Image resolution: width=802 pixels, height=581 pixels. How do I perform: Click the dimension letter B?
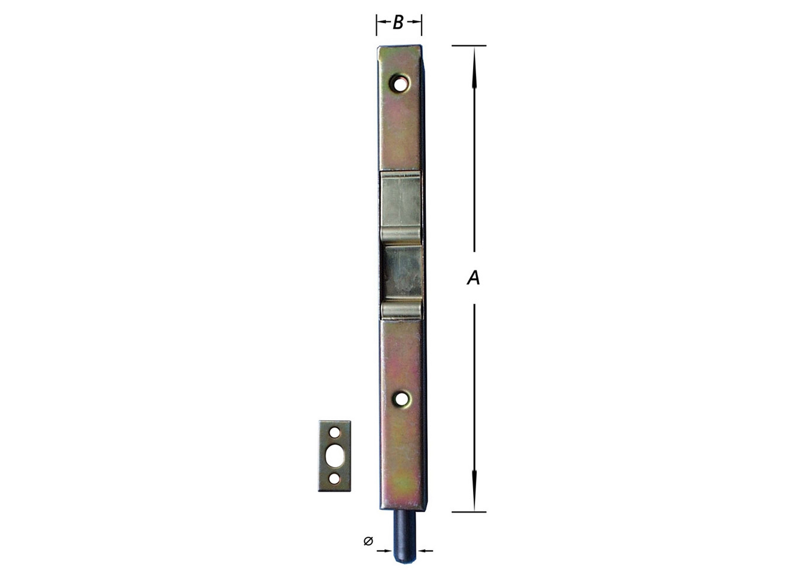(398, 22)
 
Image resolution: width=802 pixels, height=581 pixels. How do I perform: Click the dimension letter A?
(473, 278)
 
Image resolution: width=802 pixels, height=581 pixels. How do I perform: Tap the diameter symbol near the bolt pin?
(368, 541)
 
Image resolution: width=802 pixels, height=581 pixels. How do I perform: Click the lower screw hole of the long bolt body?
(401, 397)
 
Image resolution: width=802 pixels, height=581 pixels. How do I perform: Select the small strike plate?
(334, 456)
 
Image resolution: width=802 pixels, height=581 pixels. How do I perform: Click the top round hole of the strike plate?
(334, 432)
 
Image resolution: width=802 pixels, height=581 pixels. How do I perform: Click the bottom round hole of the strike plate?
(334, 479)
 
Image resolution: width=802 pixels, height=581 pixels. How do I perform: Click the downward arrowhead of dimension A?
(474, 487)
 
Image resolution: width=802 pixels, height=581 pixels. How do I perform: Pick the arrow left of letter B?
(383, 21)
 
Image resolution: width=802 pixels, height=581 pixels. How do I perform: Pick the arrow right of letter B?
(414, 21)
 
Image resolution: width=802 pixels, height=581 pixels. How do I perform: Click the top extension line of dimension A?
(469, 46)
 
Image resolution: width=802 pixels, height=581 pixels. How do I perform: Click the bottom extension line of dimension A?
(469, 512)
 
